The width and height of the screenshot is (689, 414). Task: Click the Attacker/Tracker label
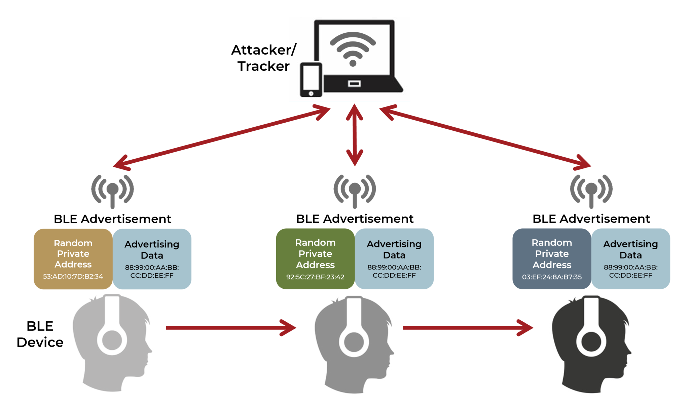click(x=263, y=58)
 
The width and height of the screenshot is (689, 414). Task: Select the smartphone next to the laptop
click(x=311, y=80)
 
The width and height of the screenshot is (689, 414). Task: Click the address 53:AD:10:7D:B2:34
click(x=73, y=277)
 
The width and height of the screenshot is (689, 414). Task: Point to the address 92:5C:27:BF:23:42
click(x=315, y=277)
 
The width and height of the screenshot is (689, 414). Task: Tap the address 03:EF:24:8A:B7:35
click(x=552, y=277)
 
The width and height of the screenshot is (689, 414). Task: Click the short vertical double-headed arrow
click(x=355, y=135)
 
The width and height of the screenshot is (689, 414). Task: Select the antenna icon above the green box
click(x=355, y=191)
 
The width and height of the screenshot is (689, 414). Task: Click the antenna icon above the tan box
click(x=112, y=191)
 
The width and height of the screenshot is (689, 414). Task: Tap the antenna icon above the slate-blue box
click(x=591, y=191)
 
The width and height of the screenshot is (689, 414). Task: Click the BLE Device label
click(x=40, y=334)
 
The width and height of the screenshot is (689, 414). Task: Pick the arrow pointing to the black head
click(x=468, y=328)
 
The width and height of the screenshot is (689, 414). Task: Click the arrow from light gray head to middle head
click(x=230, y=328)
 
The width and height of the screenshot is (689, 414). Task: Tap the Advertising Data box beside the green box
click(x=394, y=259)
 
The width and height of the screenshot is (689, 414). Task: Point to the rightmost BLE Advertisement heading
click(x=591, y=219)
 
